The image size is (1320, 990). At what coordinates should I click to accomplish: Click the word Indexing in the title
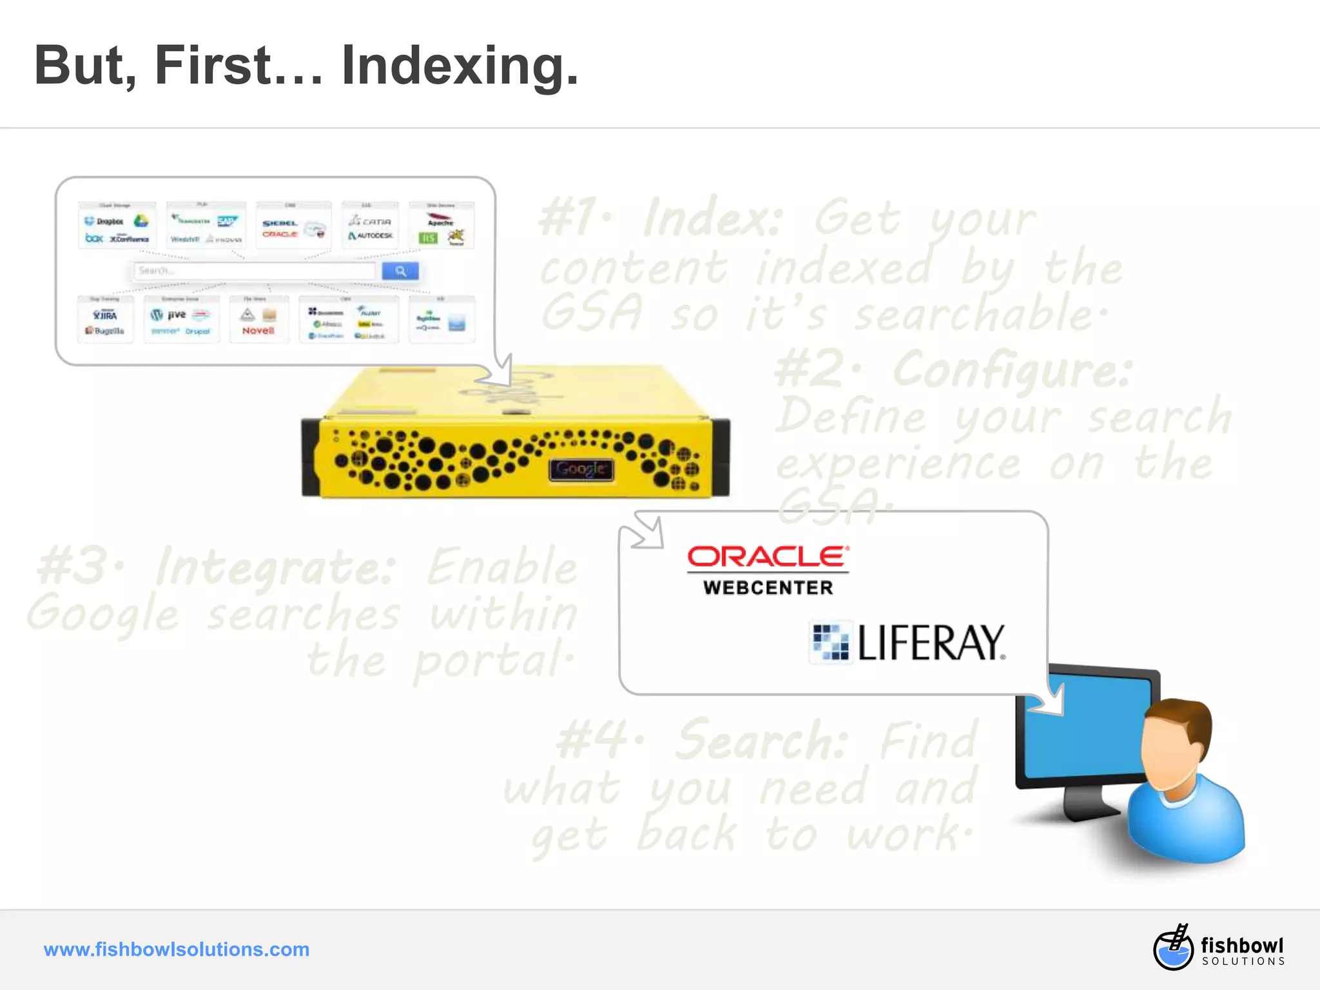click(x=459, y=66)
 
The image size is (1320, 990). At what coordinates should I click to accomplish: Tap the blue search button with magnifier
click(x=400, y=271)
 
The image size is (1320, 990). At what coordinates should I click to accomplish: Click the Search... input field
click(x=255, y=271)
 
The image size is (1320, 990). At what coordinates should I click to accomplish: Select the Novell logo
click(x=258, y=331)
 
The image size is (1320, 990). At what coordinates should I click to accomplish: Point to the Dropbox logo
click(x=104, y=221)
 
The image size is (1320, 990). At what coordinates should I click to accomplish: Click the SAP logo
click(x=227, y=222)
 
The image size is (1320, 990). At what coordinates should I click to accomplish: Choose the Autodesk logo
click(x=371, y=236)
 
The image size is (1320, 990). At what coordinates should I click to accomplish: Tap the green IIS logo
click(x=428, y=238)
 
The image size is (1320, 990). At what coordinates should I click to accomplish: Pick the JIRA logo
click(x=105, y=315)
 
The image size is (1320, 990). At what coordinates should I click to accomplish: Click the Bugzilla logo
click(x=105, y=331)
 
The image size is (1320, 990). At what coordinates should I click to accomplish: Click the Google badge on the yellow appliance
click(x=581, y=469)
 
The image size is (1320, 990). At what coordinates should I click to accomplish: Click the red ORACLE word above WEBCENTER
click(x=768, y=557)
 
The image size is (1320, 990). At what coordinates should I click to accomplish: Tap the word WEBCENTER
click(x=768, y=587)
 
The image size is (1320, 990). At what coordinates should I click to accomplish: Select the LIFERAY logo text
click(x=931, y=643)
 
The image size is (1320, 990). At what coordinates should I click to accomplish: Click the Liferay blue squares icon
click(x=830, y=643)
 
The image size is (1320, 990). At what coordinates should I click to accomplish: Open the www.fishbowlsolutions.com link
click(x=177, y=949)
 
